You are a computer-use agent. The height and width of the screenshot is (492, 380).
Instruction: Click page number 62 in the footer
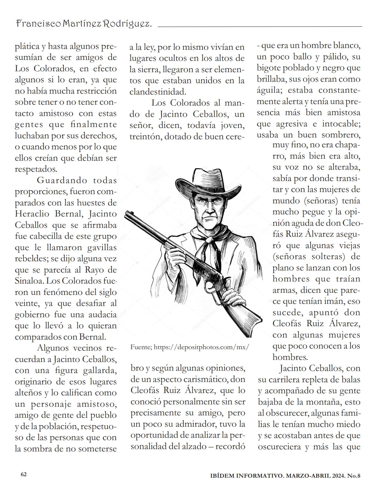pos(24,474)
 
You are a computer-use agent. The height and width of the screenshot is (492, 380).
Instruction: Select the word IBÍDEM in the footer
pos(222,476)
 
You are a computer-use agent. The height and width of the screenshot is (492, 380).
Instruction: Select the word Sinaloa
pos(29,281)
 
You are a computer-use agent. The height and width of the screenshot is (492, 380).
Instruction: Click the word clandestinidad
pos(158,92)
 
